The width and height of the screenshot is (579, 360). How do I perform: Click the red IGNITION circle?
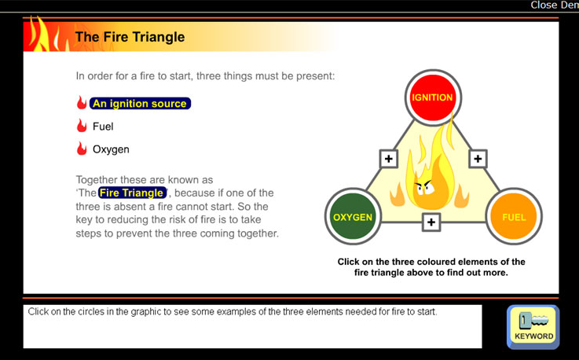(433, 97)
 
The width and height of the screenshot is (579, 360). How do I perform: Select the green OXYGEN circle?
(353, 217)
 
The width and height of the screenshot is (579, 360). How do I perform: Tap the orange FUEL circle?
(514, 217)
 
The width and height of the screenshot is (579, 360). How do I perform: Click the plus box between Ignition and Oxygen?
(388, 159)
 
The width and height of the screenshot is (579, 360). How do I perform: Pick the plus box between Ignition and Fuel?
(478, 159)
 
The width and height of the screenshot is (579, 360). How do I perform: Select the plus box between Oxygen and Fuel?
(431, 222)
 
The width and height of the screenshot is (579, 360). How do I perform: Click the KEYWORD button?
(533, 327)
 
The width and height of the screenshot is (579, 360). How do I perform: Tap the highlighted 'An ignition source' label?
(140, 104)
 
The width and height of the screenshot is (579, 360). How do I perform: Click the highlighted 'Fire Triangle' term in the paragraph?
(132, 193)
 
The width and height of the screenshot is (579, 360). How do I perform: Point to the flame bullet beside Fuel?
(82, 126)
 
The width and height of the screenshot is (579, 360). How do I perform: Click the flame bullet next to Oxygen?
(82, 149)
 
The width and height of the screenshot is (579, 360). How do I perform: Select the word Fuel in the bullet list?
(103, 127)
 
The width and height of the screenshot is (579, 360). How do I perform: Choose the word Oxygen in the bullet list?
(111, 149)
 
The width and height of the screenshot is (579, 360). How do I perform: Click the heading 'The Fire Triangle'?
(130, 37)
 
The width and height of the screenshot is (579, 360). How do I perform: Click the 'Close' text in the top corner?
(544, 5)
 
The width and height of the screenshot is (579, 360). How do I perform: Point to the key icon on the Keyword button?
(533, 320)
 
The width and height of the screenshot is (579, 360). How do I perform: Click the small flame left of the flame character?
(397, 194)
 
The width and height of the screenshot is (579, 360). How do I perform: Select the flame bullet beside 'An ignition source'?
(82, 103)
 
